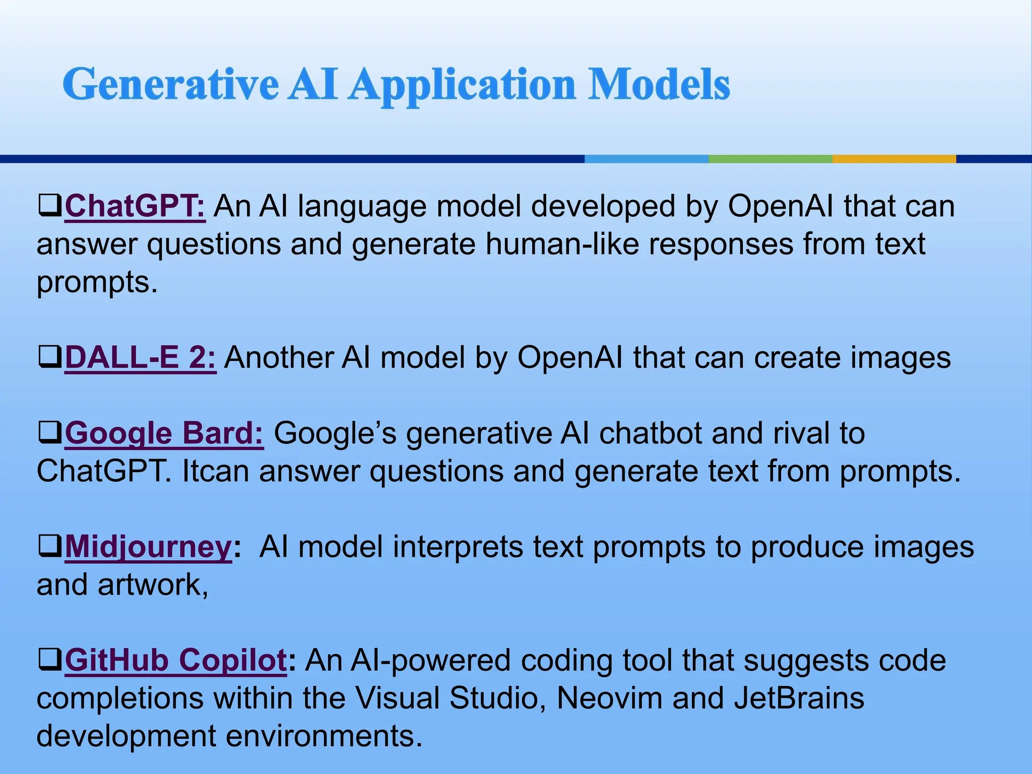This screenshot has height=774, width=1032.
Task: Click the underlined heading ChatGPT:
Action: [135, 207]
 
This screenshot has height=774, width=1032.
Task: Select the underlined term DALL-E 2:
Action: [140, 358]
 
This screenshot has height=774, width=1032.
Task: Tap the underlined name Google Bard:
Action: [164, 433]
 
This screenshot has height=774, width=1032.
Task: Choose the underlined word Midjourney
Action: [148, 547]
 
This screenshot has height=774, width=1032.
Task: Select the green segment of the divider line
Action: [770, 159]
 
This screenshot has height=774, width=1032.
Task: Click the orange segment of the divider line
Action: [894, 159]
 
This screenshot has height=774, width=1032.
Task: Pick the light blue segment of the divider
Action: [647, 159]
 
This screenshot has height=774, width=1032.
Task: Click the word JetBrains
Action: [799, 698]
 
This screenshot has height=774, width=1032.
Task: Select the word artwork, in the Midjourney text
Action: [153, 585]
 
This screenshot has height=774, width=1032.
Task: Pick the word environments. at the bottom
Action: [324, 736]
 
